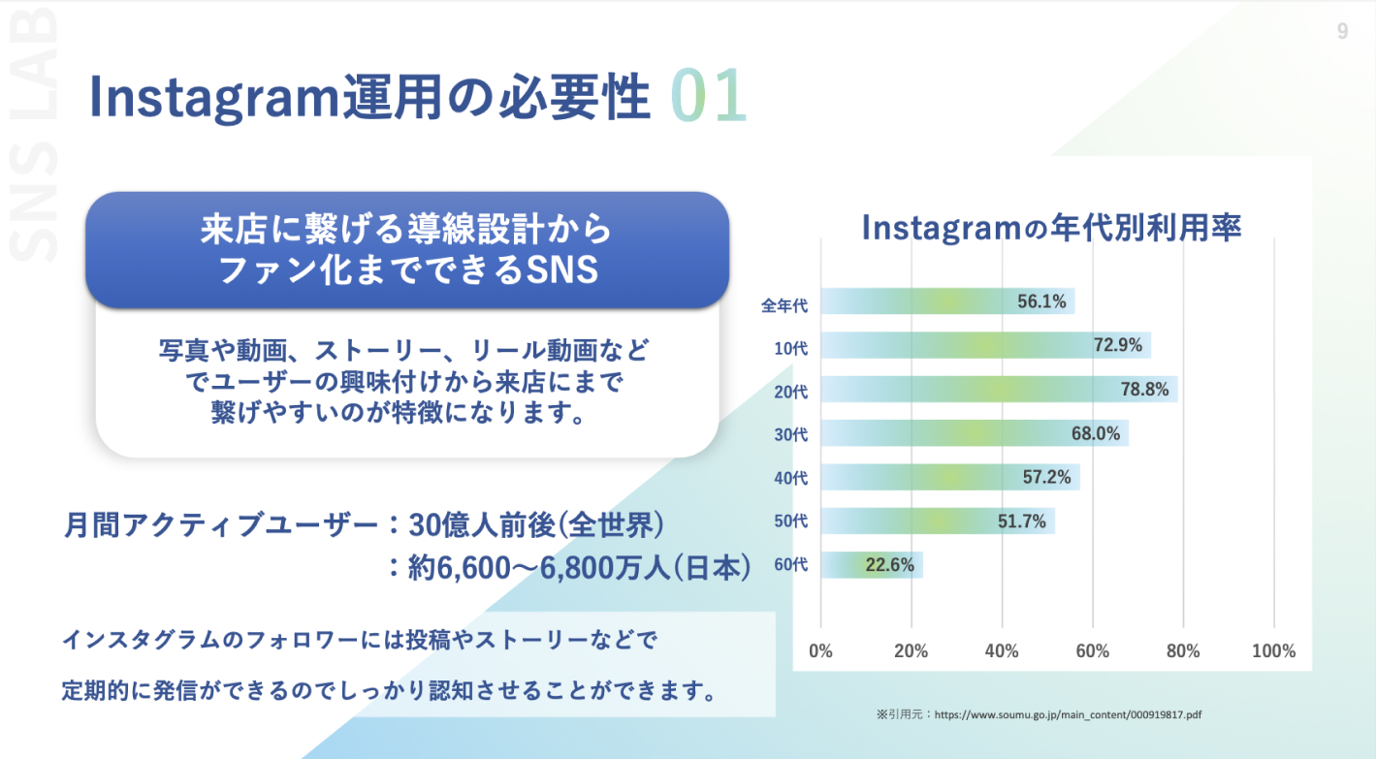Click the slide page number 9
coord(1342,32)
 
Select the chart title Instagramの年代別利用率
coord(1052,228)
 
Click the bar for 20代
coord(999,390)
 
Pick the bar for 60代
coord(872,565)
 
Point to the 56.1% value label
coord(1041,302)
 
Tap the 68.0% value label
coord(1096,433)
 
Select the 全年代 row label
coord(784,305)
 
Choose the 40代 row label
coord(790,478)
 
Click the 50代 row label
coord(790,522)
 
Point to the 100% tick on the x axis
coord(1273,651)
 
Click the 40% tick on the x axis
coord(1002,651)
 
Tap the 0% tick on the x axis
coord(821,651)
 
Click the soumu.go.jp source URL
coord(1068,714)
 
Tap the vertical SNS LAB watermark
coord(36,136)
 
